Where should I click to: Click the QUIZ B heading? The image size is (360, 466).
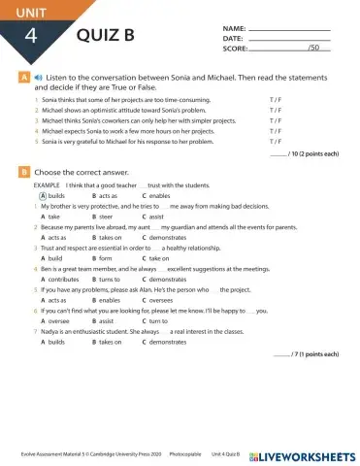[106, 38]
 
